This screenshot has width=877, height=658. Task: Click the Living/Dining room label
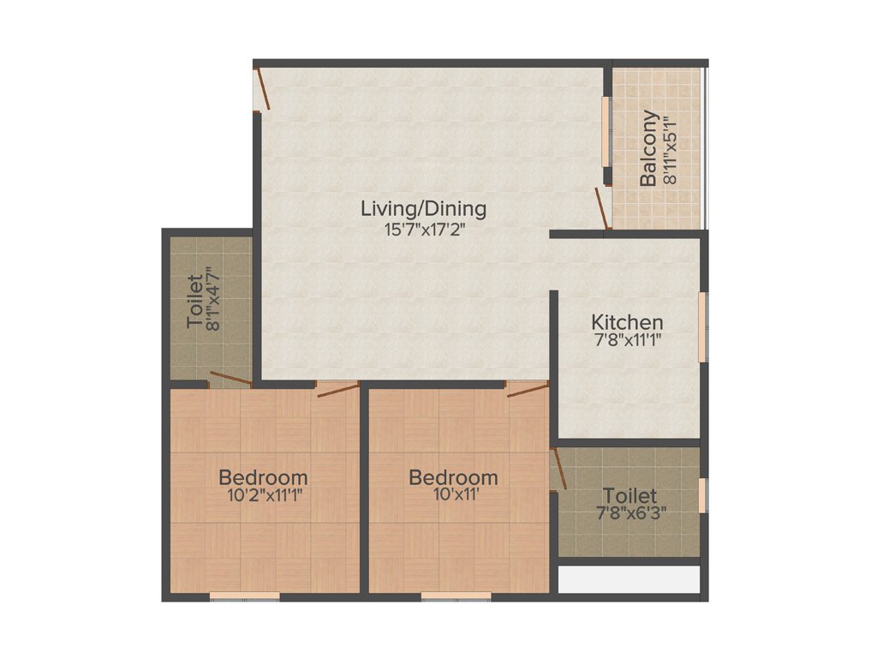(x=423, y=207)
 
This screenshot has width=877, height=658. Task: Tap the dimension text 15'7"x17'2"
(x=423, y=229)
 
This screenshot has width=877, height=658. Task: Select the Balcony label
(x=649, y=148)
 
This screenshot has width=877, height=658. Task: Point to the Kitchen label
(x=627, y=322)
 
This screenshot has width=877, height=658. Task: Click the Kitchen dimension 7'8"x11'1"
(x=627, y=340)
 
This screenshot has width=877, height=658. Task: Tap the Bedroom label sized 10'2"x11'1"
(x=263, y=476)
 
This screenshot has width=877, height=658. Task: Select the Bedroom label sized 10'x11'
(x=453, y=476)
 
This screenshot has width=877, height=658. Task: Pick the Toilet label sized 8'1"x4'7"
(x=195, y=301)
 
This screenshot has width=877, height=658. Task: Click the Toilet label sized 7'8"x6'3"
(x=630, y=495)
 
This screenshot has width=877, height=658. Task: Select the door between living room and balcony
(x=602, y=209)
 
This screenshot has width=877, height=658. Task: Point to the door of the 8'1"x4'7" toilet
(x=230, y=380)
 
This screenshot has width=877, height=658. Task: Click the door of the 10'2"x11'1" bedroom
(x=337, y=390)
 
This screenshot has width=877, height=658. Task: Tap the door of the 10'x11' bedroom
(x=527, y=390)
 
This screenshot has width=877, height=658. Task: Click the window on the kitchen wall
(x=701, y=326)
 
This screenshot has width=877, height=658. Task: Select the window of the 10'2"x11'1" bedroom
(x=245, y=595)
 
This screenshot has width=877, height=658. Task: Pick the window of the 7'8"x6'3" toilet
(x=701, y=495)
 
